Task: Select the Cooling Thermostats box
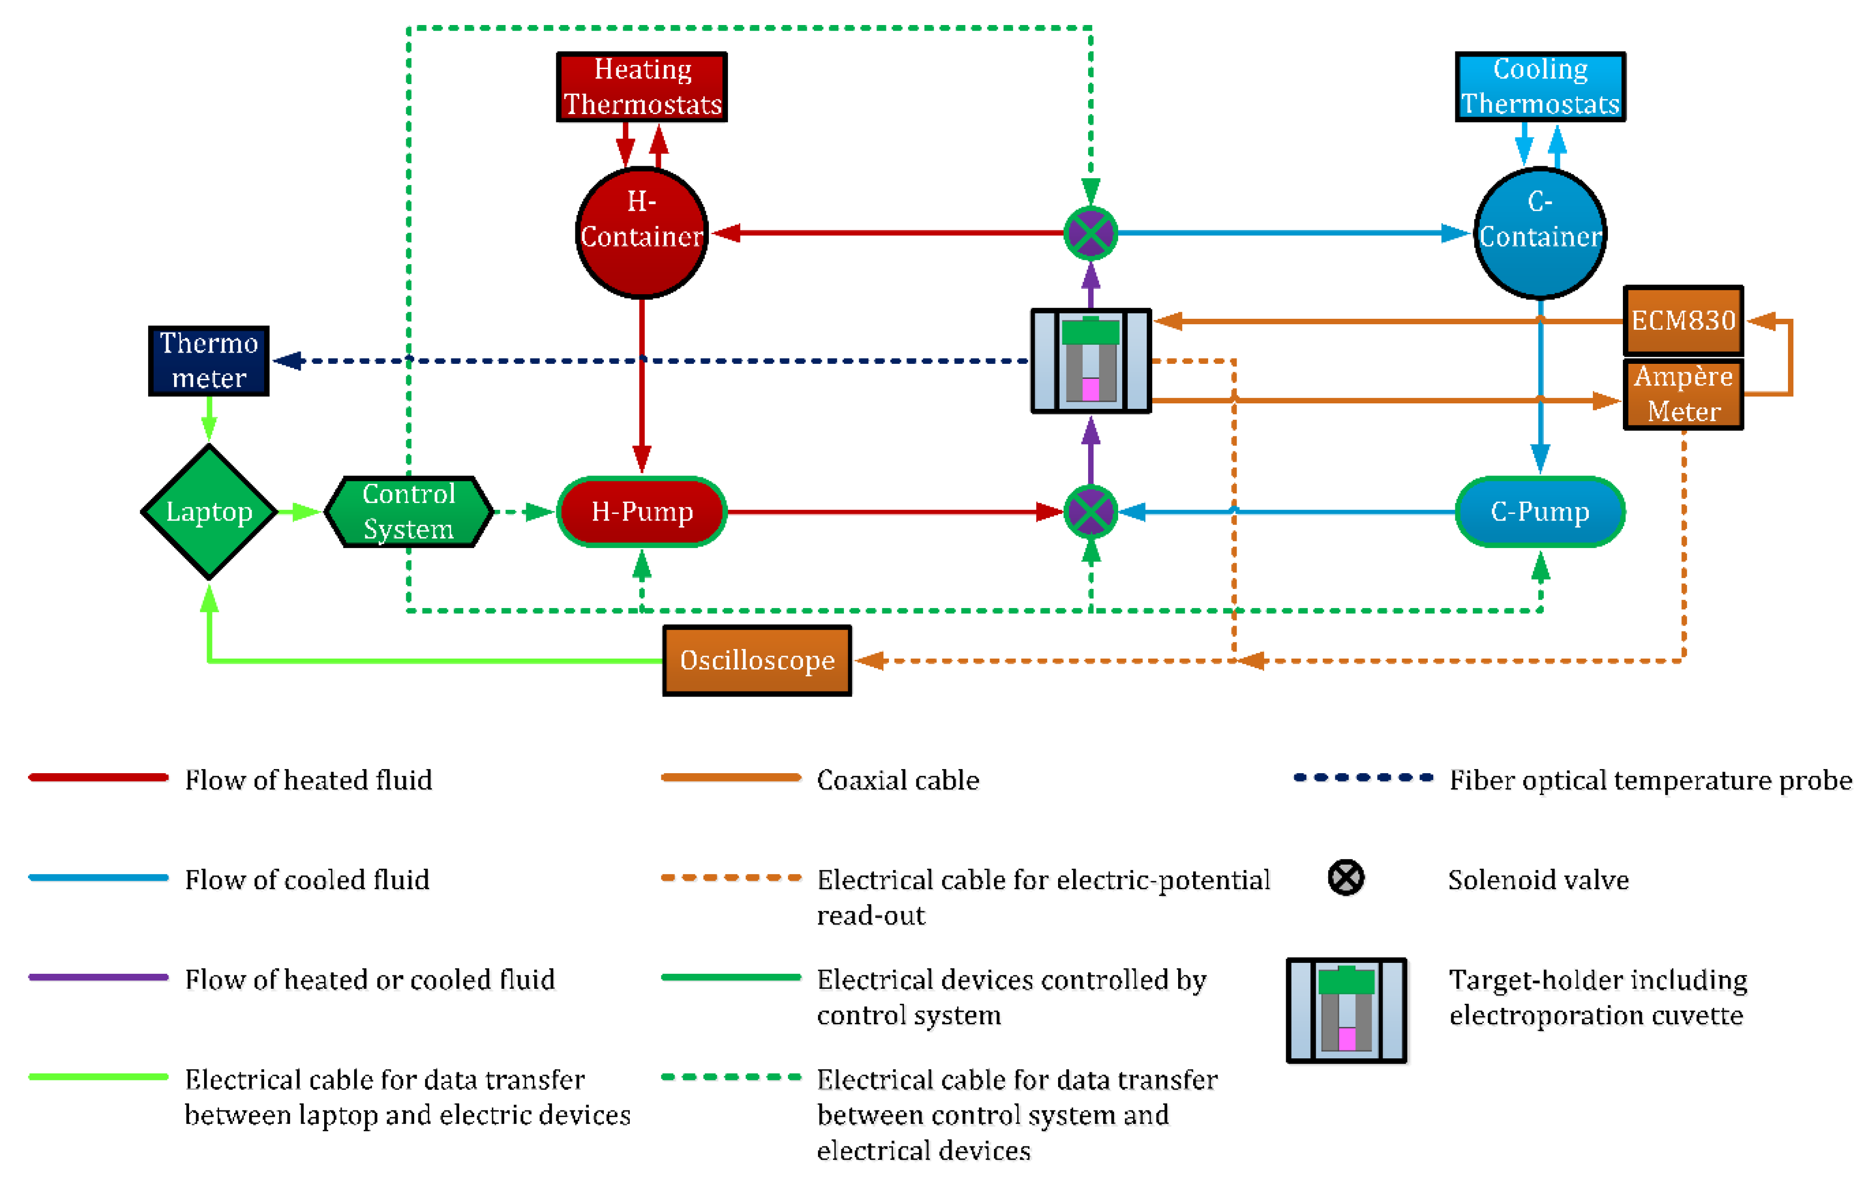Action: coord(1540,87)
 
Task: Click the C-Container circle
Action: coord(1540,232)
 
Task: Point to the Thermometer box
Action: coord(209,360)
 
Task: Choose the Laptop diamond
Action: coord(209,511)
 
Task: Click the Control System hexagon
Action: coord(409,511)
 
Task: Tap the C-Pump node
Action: coord(1540,511)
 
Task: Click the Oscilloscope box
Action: coord(756,660)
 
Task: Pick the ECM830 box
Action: coord(1683,320)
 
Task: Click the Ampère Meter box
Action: coord(1683,394)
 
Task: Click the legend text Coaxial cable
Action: coord(897,780)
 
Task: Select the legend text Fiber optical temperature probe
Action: coord(1650,780)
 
